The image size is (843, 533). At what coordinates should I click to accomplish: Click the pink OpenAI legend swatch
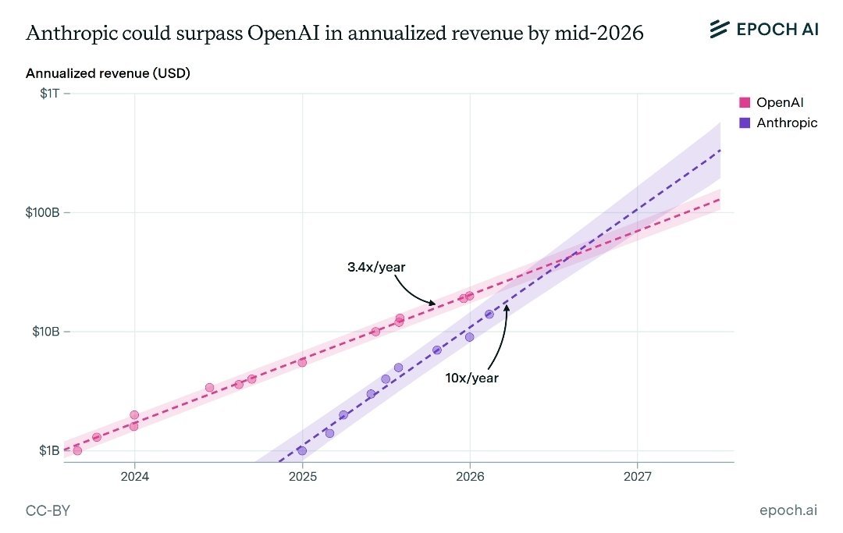(x=745, y=103)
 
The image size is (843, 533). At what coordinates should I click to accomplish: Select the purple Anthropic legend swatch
(x=745, y=123)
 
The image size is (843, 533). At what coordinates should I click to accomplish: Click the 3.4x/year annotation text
(x=376, y=267)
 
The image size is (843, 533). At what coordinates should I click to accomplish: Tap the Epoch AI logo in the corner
(x=763, y=30)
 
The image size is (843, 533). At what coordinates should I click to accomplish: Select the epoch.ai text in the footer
(x=788, y=510)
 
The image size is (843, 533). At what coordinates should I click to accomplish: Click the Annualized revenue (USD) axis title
(x=108, y=73)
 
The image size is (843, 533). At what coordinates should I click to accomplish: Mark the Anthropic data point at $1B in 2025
(x=302, y=450)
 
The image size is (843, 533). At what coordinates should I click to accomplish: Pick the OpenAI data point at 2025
(x=302, y=362)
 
